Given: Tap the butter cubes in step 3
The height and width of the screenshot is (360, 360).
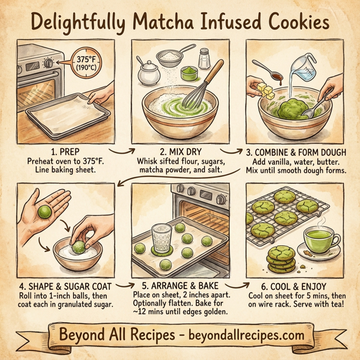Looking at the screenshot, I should (x=266, y=91).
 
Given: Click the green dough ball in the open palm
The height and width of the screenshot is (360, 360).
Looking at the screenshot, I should (x=43, y=212).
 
